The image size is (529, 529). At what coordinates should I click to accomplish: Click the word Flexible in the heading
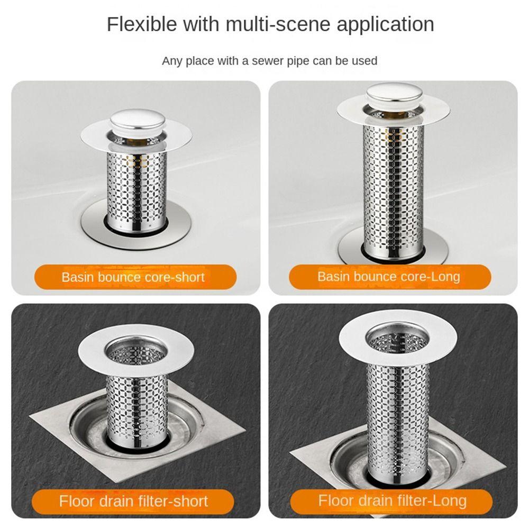point(142,24)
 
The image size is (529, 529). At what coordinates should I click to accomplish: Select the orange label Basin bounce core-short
point(135,277)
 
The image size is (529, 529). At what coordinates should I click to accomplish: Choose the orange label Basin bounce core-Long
point(390,277)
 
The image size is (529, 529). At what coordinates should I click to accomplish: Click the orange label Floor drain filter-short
point(133,501)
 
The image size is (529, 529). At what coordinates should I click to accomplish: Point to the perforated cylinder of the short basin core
point(137,190)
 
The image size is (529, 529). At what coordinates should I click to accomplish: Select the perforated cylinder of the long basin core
point(393,189)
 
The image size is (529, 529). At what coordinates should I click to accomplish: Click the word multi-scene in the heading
point(278,24)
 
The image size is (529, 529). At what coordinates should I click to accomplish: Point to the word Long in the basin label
point(445,277)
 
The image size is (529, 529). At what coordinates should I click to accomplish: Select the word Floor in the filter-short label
point(76,501)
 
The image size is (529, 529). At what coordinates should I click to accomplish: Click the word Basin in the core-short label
point(73,277)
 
